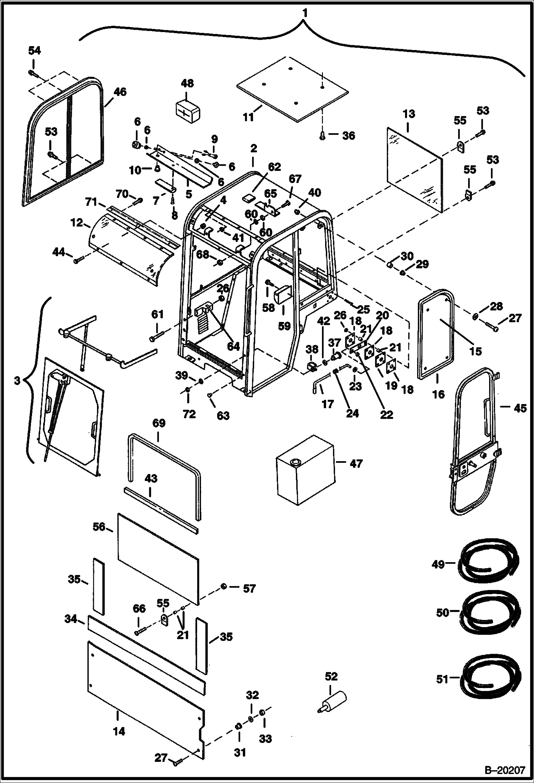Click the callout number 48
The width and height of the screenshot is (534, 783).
point(187,83)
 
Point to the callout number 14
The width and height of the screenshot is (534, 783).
point(119,731)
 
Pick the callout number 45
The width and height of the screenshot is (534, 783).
point(520,408)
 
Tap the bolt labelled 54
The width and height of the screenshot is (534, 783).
point(32,73)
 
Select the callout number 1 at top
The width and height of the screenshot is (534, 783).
point(304,13)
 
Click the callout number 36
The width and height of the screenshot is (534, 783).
point(348,136)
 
